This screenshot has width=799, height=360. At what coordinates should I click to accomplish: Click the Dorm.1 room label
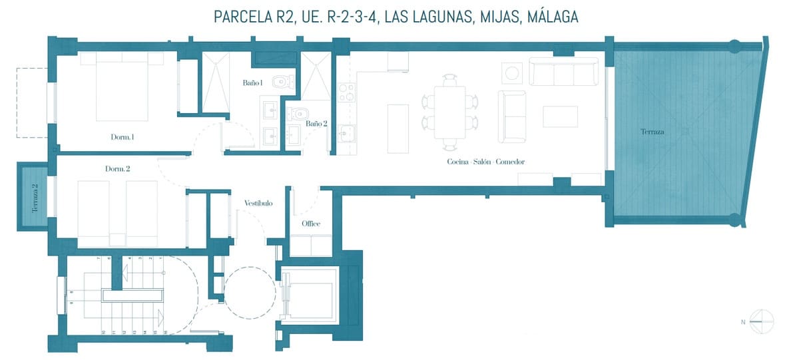123,137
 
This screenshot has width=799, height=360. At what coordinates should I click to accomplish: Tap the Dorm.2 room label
117,168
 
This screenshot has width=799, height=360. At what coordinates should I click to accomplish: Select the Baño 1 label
252,83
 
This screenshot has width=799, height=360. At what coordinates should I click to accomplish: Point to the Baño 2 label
316,123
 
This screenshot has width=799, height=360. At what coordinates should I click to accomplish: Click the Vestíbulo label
258,203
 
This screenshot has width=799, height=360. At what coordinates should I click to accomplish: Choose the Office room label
311,224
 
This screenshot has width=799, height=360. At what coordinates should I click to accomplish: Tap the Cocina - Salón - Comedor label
486,162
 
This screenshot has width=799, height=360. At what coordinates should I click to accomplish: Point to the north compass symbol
760,321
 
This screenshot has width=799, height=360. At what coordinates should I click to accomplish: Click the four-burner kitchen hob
346,92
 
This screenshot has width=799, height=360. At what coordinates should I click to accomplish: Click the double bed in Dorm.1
122,87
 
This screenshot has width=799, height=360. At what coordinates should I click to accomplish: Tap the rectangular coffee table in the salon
560,116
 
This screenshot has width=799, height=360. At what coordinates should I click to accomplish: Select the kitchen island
398,126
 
